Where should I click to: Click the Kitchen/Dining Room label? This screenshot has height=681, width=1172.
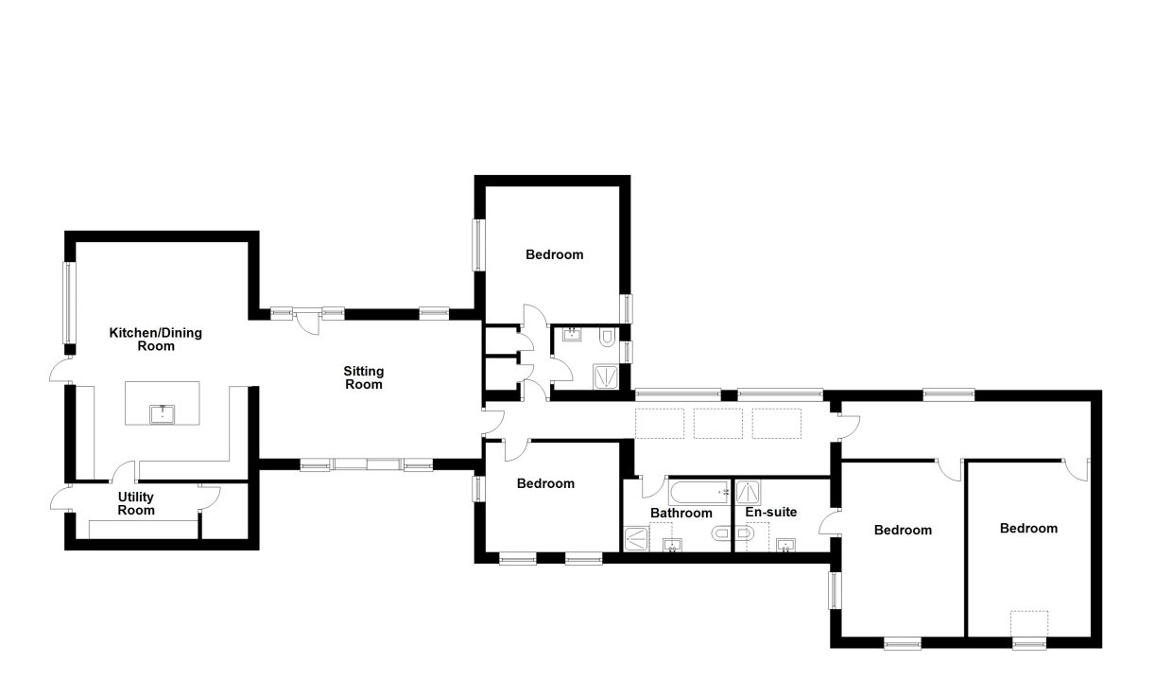pyautogui.click(x=155, y=340)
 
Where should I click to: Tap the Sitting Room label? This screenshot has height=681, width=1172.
pyautogui.click(x=364, y=377)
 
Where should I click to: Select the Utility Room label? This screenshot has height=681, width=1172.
pyautogui.click(x=136, y=503)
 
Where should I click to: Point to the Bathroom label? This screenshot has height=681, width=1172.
pyautogui.click(x=681, y=513)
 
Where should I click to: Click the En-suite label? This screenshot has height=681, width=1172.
pyautogui.click(x=771, y=512)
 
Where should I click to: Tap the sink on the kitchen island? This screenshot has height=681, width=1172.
pyautogui.click(x=163, y=414)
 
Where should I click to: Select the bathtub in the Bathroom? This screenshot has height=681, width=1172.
pyautogui.click(x=699, y=493)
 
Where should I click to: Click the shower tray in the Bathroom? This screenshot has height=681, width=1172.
pyautogui.click(x=636, y=539)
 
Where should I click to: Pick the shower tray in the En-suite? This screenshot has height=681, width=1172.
pyautogui.click(x=748, y=493)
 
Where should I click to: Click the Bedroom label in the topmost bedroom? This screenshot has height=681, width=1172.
pyautogui.click(x=555, y=255)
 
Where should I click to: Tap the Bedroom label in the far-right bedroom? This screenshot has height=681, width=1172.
pyautogui.click(x=1028, y=528)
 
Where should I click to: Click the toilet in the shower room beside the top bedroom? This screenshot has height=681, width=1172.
pyautogui.click(x=607, y=337)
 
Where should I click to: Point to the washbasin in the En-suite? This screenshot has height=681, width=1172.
pyautogui.click(x=785, y=546)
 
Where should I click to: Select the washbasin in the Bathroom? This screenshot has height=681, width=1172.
pyautogui.click(x=672, y=546)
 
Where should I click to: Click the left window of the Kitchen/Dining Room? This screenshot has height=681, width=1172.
pyautogui.click(x=69, y=303)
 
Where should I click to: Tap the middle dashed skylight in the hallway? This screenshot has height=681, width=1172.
pyautogui.click(x=718, y=424)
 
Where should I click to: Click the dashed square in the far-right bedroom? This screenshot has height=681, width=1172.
pyautogui.click(x=1029, y=624)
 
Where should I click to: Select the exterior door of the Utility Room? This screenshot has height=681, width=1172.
pyautogui.click(x=61, y=497)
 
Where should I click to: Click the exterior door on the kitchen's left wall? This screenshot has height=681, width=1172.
pyautogui.click(x=61, y=369)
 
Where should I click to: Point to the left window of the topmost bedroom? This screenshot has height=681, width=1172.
pyautogui.click(x=478, y=245)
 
